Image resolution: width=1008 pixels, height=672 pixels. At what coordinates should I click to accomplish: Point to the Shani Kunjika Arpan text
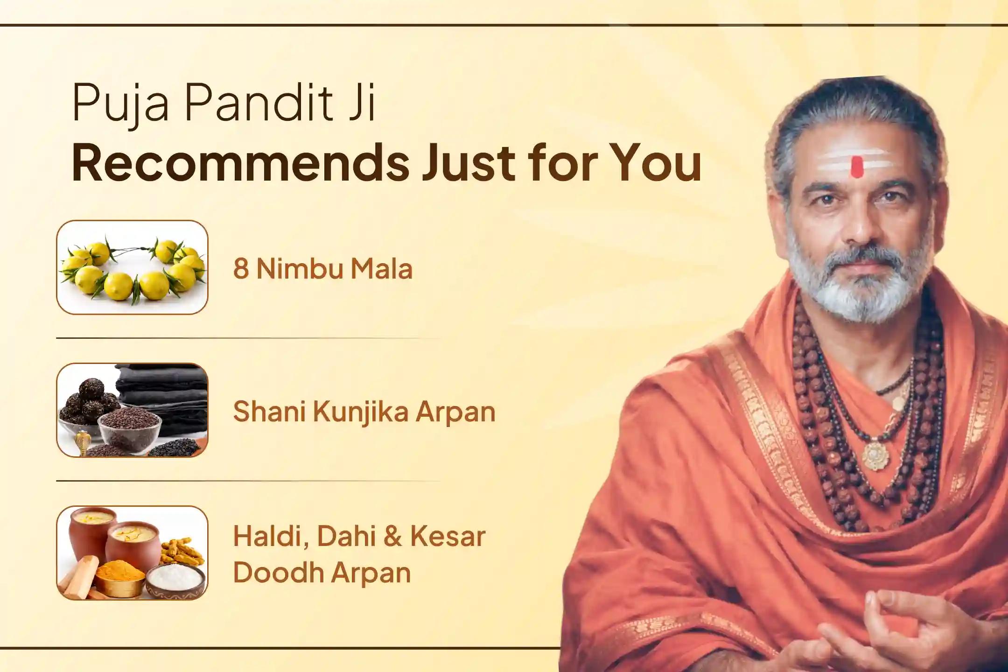364,412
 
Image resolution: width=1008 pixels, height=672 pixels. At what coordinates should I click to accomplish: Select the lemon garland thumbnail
132,267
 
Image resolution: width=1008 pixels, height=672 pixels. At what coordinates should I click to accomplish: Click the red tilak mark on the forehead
855,167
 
